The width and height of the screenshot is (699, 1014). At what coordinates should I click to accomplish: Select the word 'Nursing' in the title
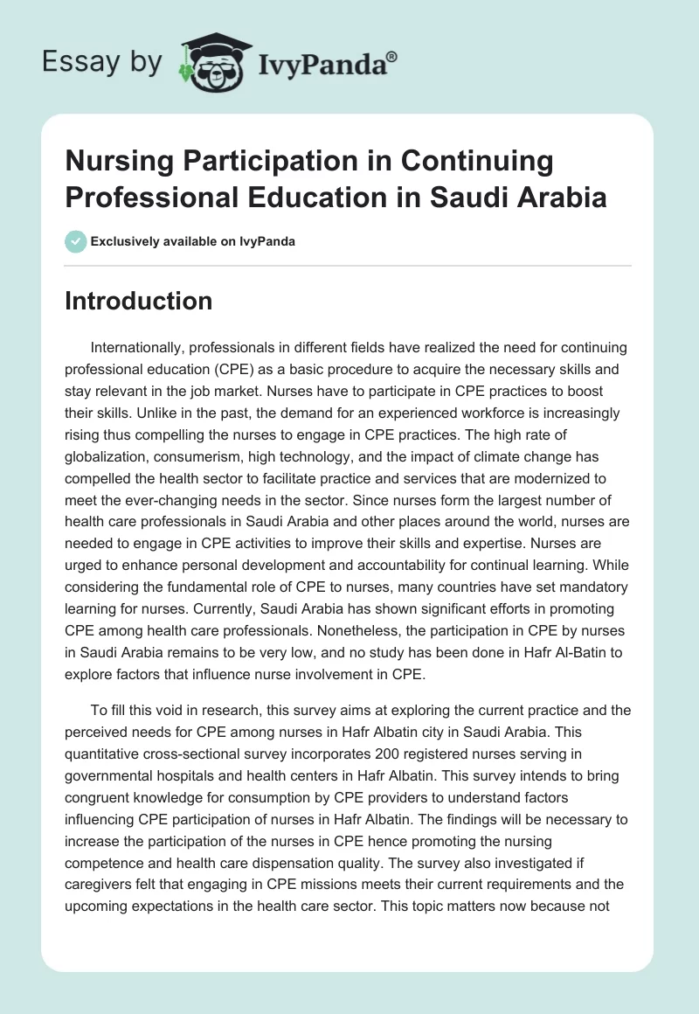116,162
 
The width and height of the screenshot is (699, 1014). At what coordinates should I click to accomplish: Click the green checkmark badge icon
76,241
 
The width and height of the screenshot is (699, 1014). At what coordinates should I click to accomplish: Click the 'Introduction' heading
138,302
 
